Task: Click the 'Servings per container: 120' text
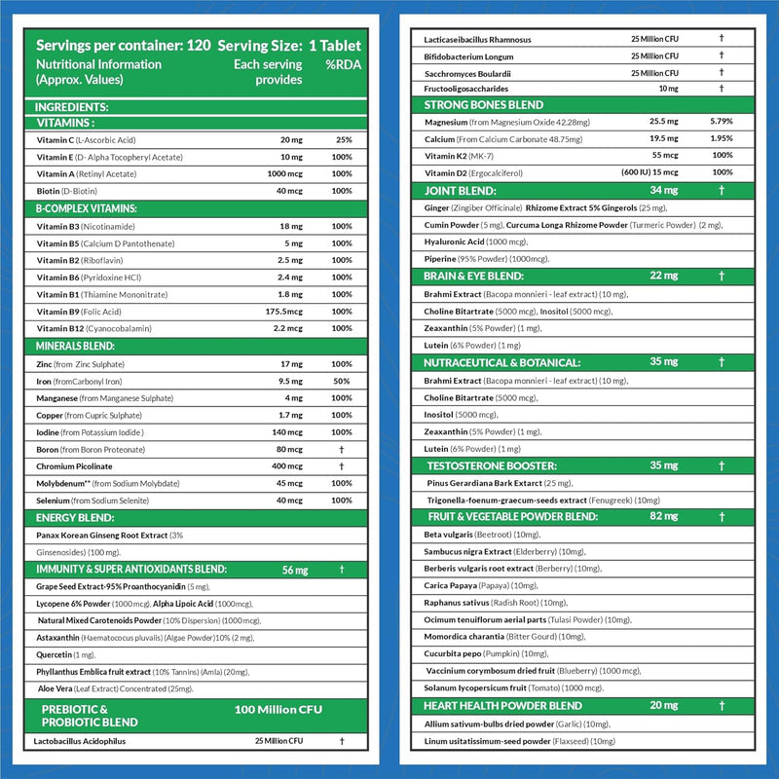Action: coord(121,47)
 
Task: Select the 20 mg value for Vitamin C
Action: coord(291,139)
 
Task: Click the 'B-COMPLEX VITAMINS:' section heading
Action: coord(87,208)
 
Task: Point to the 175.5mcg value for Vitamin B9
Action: coord(285,311)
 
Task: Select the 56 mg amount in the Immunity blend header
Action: coord(292,570)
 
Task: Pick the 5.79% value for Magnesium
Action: coord(721,122)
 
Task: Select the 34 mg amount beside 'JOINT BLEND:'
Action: coord(662,191)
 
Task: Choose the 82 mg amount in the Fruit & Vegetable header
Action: coord(662,516)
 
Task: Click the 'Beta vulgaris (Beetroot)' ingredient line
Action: coord(482,535)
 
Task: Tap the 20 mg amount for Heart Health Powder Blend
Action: coord(662,705)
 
